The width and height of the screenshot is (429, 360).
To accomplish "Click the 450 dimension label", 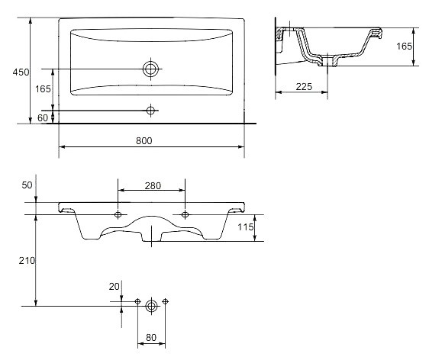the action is tap(21, 72).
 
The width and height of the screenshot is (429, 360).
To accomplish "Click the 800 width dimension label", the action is tap(144, 141).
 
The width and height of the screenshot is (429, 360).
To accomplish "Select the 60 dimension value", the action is tap(43, 117).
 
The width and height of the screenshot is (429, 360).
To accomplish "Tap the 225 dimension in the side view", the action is tap(304, 87).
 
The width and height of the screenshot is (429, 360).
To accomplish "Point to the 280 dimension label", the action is tap(153, 186).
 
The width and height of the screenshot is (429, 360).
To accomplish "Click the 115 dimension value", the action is tap(246, 227).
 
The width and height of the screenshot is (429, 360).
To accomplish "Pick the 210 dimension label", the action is tap(27, 261).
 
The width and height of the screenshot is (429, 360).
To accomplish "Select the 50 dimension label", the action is tap(27, 185).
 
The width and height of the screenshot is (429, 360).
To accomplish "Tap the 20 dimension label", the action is tap(114, 287).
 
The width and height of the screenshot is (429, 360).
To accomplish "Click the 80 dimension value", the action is tap(151, 338).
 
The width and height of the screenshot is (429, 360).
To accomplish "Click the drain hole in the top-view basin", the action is tap(150, 69).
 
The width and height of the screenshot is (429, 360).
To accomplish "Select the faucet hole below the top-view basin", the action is tap(150, 111).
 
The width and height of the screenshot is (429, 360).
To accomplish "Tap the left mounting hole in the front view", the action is tap(118, 214).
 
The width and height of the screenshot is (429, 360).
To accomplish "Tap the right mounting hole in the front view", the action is tap(185, 214).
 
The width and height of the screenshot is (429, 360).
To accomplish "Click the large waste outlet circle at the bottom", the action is tap(151, 306).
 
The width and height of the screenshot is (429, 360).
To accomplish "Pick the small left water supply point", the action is tap(137, 301).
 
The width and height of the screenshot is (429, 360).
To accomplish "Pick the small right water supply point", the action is tap(165, 301).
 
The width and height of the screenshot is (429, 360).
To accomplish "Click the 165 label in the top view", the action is tap(43, 88).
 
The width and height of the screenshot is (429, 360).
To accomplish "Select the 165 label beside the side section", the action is tap(404, 47).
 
